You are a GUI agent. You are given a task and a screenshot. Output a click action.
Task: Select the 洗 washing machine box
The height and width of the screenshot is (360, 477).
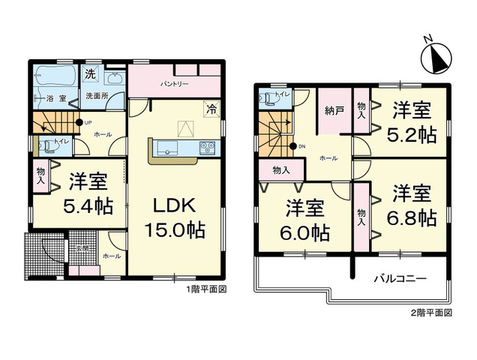(90, 73)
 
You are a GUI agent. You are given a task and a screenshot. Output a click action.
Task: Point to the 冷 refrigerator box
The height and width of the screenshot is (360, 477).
(212, 109)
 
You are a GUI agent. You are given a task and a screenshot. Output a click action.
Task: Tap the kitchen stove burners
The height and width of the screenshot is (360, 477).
(207, 148)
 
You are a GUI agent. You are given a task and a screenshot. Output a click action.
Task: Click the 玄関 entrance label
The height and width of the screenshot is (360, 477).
(82, 248)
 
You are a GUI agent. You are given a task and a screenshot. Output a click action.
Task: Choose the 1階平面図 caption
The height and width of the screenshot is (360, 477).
(207, 289)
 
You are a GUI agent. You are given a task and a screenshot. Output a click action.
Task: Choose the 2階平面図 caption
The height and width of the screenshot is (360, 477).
(431, 311)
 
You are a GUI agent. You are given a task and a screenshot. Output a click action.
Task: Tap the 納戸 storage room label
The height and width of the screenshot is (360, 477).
(334, 110)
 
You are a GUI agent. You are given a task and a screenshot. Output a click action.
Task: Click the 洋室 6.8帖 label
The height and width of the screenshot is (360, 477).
(412, 205)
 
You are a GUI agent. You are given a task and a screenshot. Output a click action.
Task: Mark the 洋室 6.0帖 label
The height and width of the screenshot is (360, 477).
(304, 220)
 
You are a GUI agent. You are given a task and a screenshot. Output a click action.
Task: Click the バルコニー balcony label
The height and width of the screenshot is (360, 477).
(400, 278)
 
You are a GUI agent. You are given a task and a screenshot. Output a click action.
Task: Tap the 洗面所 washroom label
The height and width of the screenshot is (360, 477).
(96, 96)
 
